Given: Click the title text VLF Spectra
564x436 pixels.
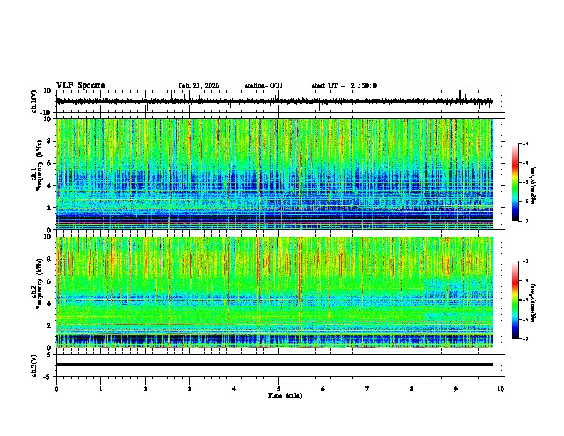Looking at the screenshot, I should pos(80,85).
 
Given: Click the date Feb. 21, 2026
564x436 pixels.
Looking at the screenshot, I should pos(199,85).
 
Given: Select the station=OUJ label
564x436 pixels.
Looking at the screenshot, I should pos(263,85).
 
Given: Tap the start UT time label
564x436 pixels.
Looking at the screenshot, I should pos(344,85).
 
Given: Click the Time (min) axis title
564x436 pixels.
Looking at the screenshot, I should pos(284,395).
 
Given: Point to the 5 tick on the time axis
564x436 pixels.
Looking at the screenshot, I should pos(278,389).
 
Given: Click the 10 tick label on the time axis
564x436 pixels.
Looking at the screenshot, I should pos(501,389).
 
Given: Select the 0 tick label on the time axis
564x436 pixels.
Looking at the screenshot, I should pos(56,389).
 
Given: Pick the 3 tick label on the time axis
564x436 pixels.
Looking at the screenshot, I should pos(189,389).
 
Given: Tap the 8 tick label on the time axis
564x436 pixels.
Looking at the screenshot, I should pos(412,389).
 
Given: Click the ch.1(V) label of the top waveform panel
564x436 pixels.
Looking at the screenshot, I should pos(34,101).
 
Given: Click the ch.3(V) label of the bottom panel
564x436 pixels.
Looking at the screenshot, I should pos(34,364).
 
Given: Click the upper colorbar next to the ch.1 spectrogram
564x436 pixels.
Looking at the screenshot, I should pos(516,182).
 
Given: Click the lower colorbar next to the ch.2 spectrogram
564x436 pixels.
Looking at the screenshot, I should pos(516,300).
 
